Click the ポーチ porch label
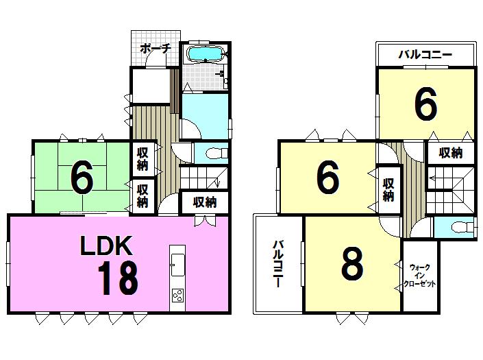click(x=156, y=49)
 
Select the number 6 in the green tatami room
click(x=81, y=180)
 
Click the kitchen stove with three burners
click(x=177, y=296)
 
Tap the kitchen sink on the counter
click(x=177, y=261)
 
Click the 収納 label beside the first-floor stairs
click(x=204, y=202)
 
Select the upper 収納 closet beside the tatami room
click(x=142, y=158)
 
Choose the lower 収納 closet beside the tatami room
click(x=142, y=195)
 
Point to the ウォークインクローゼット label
click(x=421, y=274)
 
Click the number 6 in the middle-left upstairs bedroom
click(x=327, y=178)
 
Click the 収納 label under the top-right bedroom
click(x=450, y=153)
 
